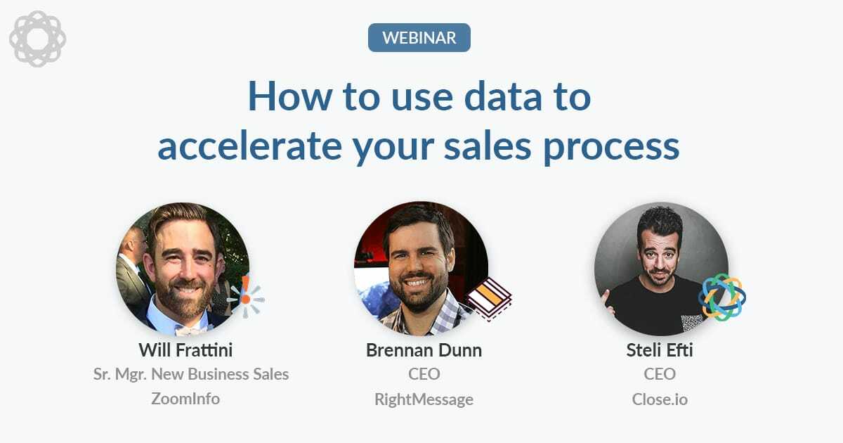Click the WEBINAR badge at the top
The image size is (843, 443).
click(419, 37)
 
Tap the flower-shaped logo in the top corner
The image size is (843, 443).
click(37, 39)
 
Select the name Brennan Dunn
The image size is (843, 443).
click(424, 350)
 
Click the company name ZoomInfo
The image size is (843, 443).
click(185, 399)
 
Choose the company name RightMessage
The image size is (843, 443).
click(424, 399)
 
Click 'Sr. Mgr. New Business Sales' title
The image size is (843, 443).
click(191, 374)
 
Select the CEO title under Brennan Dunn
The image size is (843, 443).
click(424, 374)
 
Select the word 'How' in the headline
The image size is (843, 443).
click(280, 98)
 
